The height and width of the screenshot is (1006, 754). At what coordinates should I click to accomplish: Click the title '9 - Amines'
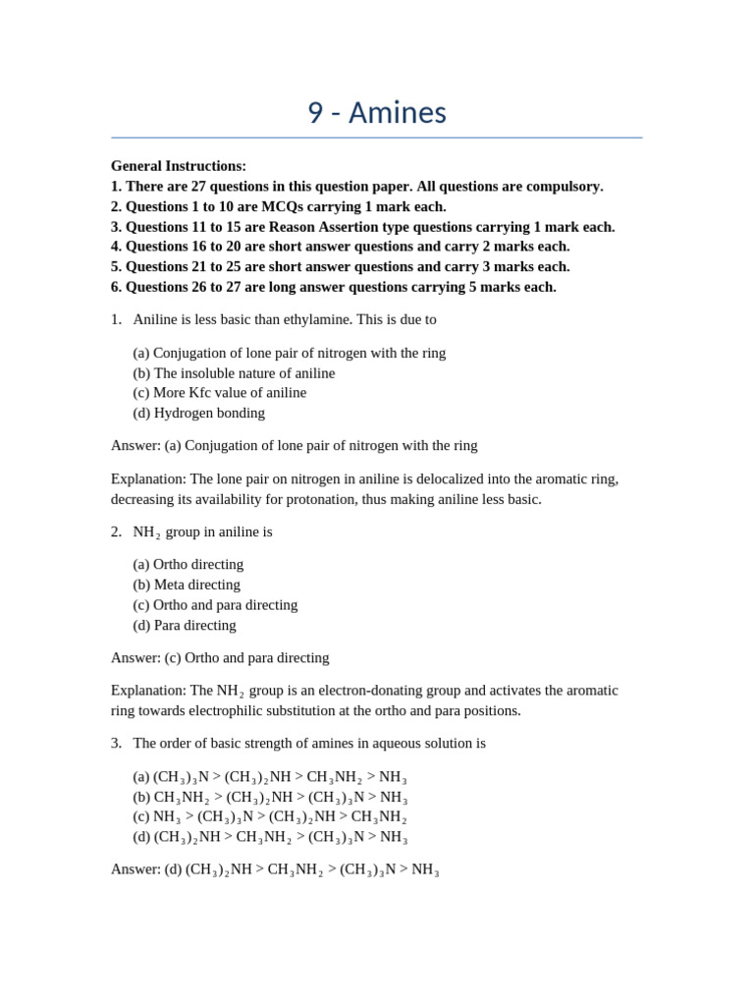pos(377,113)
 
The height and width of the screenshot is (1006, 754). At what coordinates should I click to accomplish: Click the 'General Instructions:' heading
pos(179,166)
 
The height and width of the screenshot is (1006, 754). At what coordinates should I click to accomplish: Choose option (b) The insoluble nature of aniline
pos(234,373)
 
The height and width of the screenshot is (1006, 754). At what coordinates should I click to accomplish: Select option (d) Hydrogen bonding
pos(199,413)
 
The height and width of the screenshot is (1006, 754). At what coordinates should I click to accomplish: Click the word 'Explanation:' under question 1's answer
pos(148,478)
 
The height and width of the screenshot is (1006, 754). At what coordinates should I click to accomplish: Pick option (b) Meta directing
pos(187,585)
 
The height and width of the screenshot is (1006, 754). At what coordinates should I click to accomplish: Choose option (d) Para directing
pos(185,625)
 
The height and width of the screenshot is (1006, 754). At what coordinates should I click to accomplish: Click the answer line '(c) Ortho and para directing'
pos(246,657)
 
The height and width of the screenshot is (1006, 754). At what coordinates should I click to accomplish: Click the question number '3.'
pos(116,743)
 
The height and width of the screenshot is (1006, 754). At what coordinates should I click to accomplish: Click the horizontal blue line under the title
pos(377,138)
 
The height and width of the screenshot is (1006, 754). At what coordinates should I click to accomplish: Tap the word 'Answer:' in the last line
pos(135,868)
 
